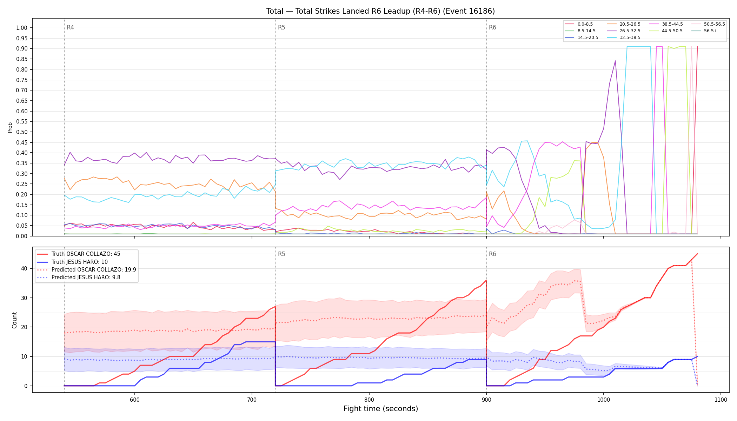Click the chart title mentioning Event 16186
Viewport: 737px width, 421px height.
coord(380,11)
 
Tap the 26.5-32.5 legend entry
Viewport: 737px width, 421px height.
coord(630,31)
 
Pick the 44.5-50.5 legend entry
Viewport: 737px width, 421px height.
coord(672,31)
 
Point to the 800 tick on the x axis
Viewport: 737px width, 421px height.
coord(369,400)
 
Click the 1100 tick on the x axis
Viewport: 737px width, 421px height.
coord(721,400)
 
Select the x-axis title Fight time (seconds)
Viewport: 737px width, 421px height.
coord(381,409)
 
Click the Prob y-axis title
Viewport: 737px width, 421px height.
coord(10,127)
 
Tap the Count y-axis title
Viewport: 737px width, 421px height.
coord(14,320)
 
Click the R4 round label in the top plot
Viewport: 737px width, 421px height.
coord(70,27)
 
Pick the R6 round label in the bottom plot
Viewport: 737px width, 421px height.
coord(492,254)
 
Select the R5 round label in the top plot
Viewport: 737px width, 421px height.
coord(281,27)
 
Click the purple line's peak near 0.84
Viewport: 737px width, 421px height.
coord(615,61)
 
